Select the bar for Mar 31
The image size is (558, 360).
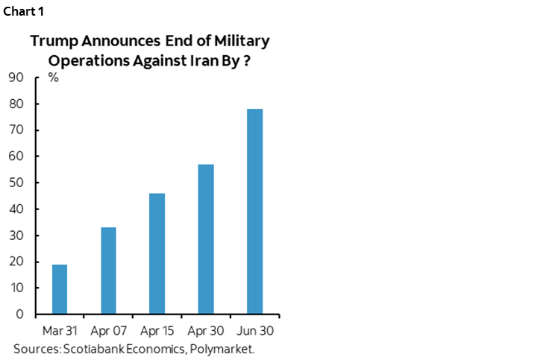[x=60, y=288]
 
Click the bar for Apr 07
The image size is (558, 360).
[x=108, y=270]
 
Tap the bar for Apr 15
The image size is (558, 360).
[x=157, y=253]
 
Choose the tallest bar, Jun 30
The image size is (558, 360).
[x=254, y=211]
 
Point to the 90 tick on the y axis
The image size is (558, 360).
[x=16, y=78]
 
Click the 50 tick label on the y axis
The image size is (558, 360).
[x=16, y=183]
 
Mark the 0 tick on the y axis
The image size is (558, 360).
[x=20, y=314]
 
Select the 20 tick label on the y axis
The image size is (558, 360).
[x=16, y=262]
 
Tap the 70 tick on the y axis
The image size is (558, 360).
[x=16, y=130]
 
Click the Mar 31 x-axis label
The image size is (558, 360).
[x=60, y=329]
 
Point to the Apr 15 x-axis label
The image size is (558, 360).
[x=157, y=329]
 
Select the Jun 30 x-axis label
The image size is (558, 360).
[x=254, y=329]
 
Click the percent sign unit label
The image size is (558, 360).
[x=54, y=78]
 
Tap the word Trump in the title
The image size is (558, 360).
[x=50, y=41]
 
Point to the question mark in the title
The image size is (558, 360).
[x=245, y=62]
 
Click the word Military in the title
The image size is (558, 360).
[x=243, y=41]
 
